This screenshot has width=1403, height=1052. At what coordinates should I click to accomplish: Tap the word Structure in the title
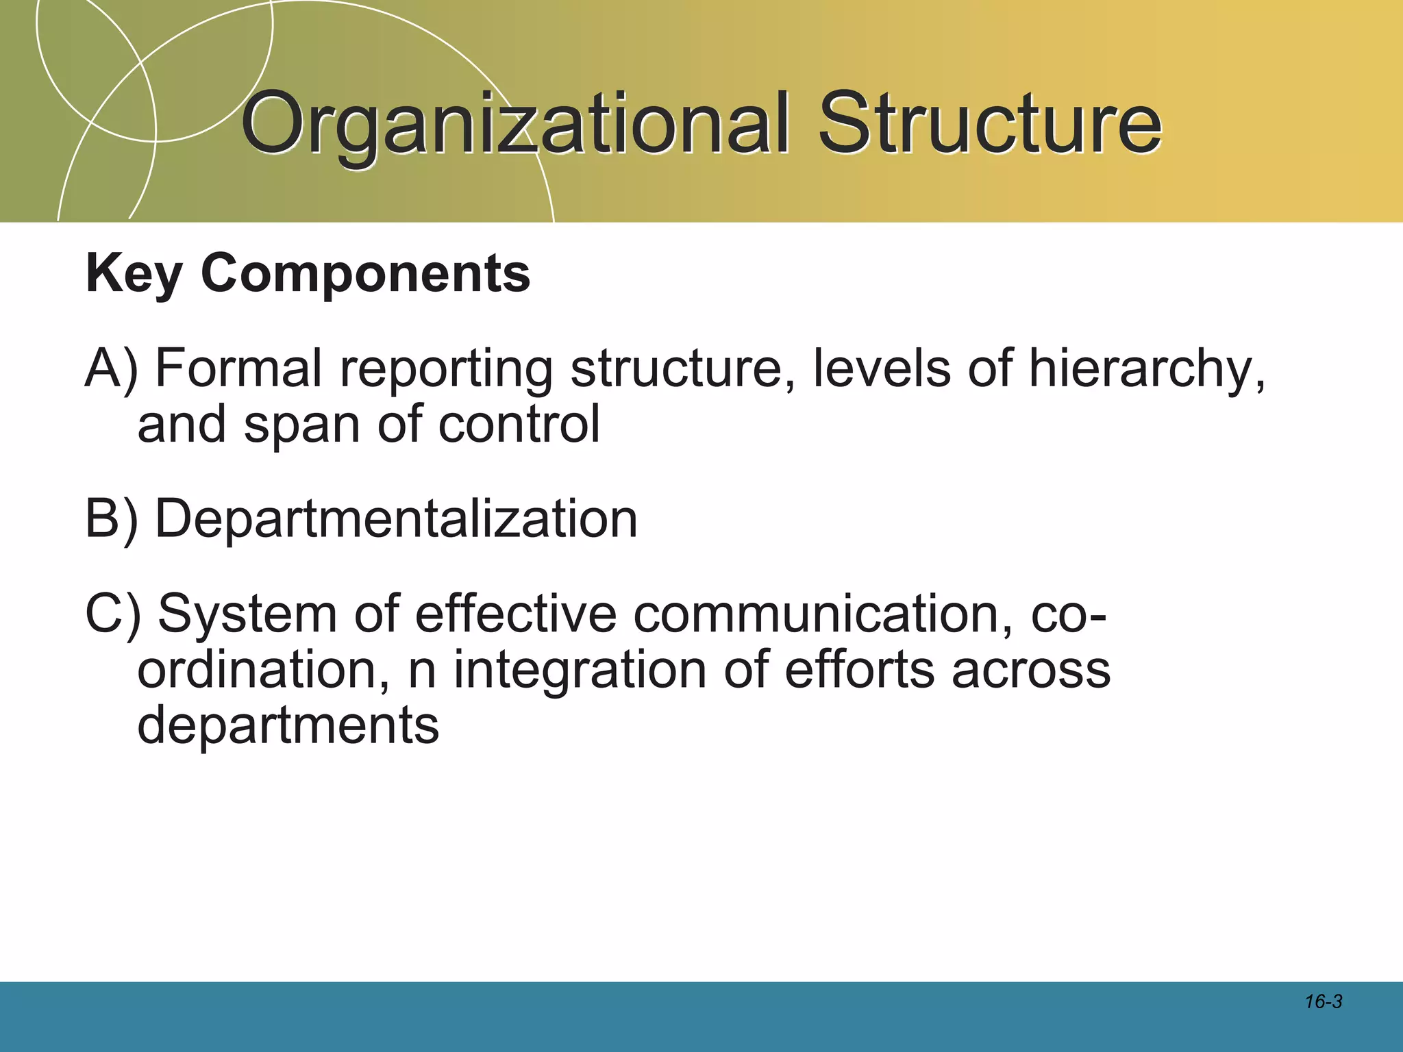click(989, 125)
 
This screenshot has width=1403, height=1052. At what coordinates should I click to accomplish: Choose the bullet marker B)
click(112, 519)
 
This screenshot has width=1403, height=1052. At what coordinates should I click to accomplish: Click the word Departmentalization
click(396, 519)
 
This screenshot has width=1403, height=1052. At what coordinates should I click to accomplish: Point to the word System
click(247, 614)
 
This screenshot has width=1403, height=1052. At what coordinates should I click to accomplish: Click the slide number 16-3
click(1323, 1002)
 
